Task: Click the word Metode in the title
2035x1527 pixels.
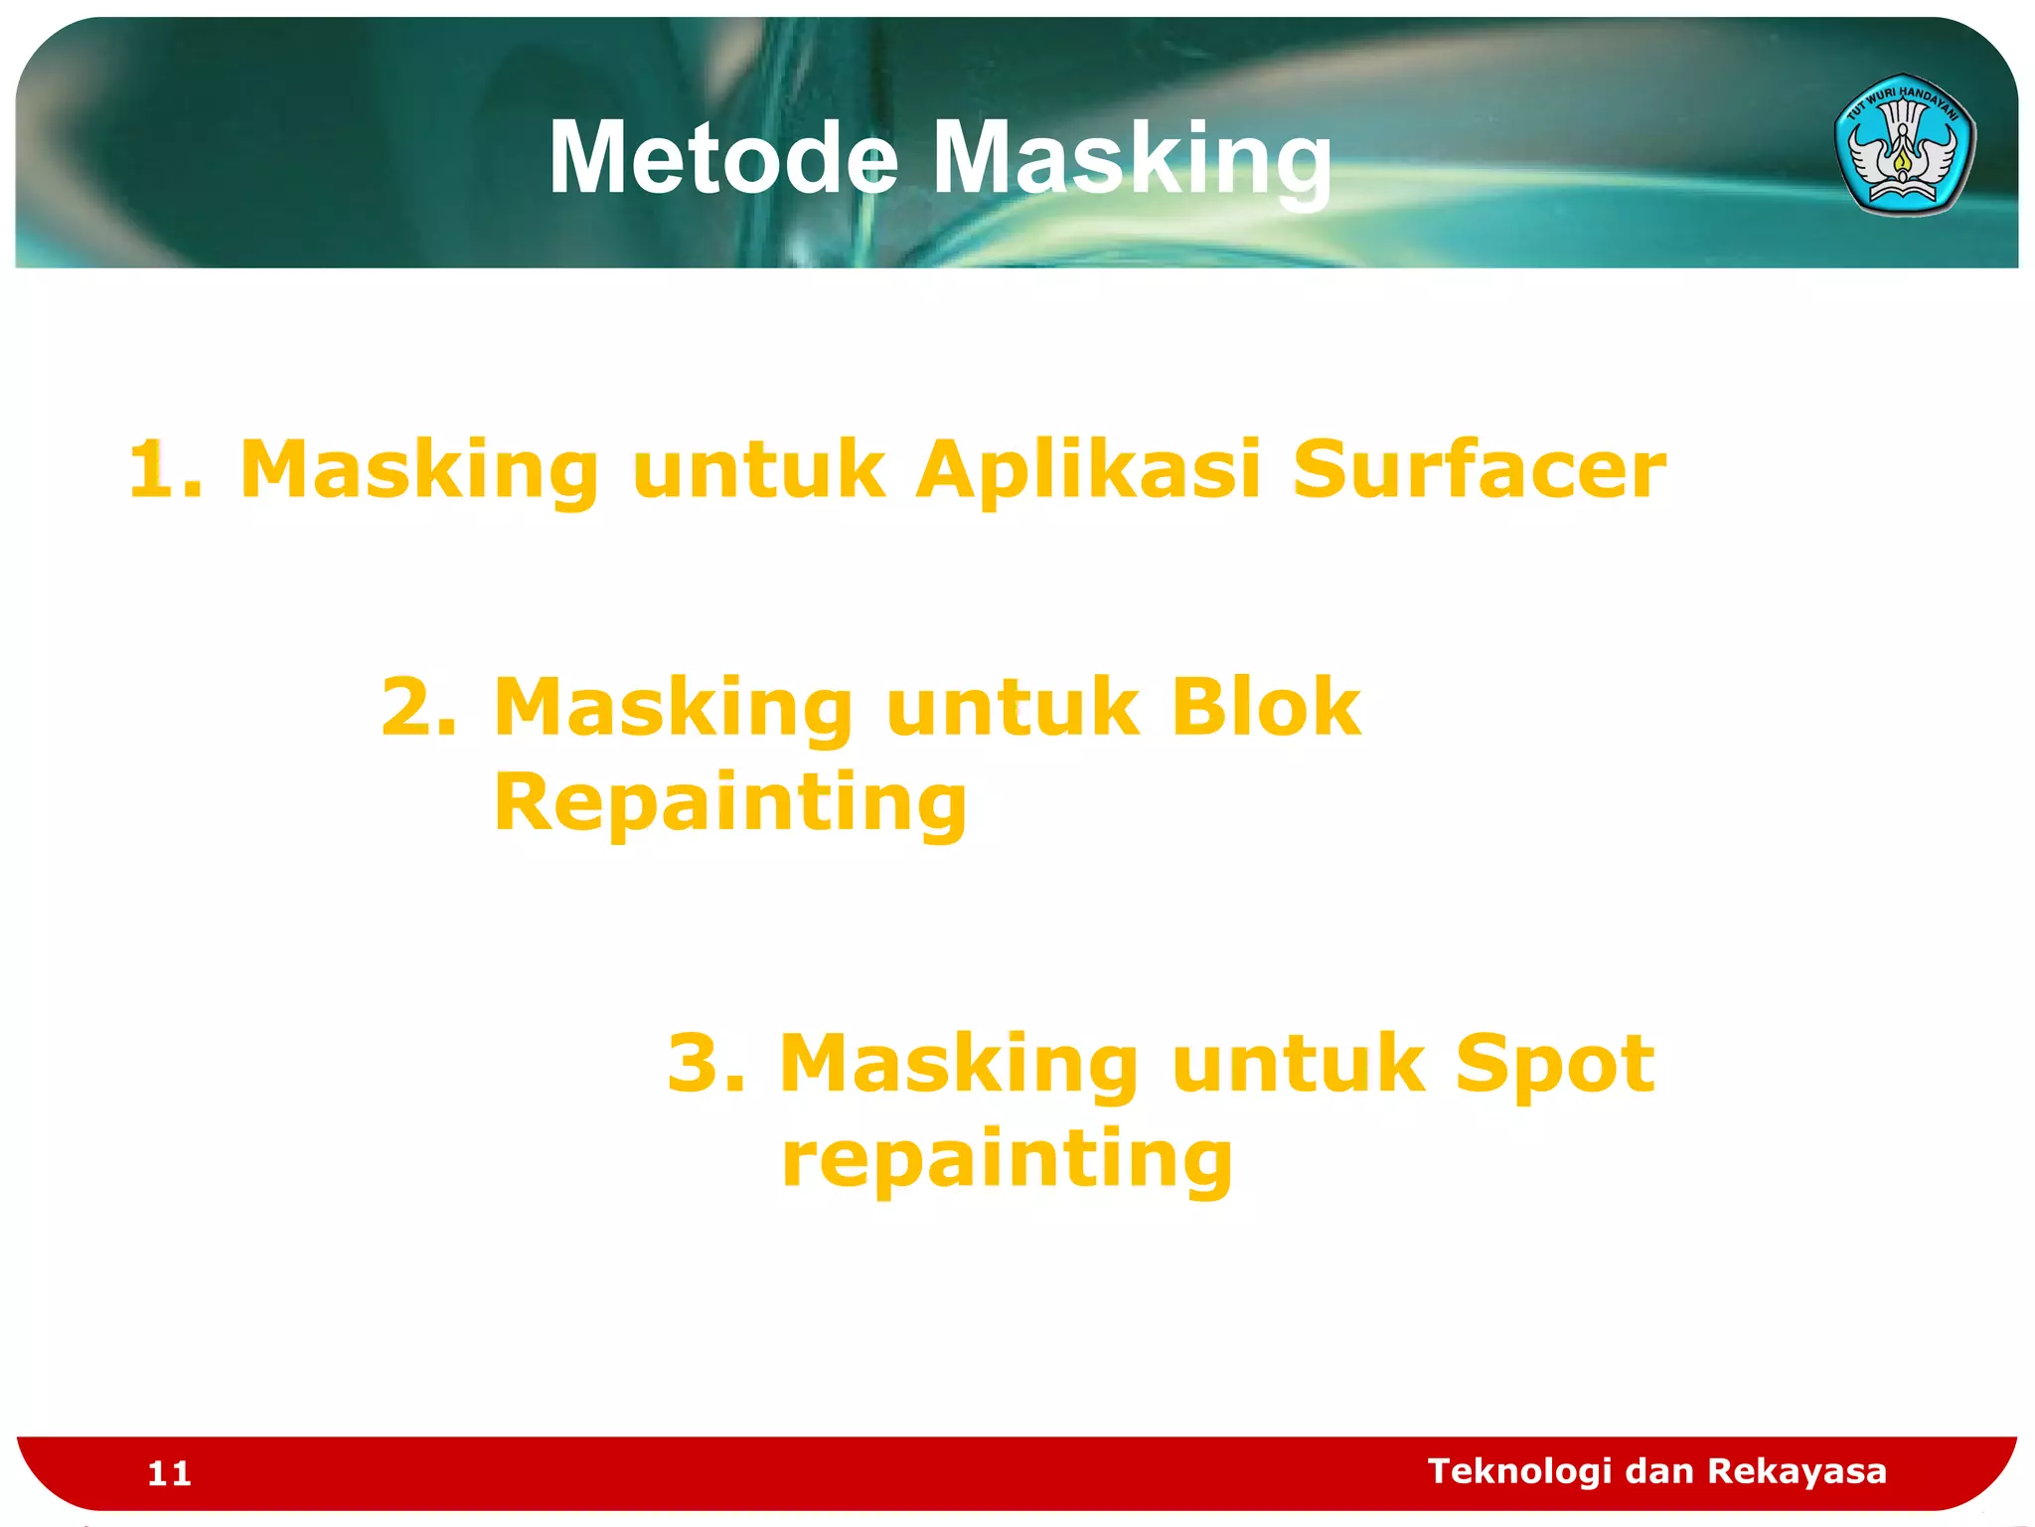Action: pos(723,157)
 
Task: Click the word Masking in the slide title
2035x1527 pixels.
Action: pos(1132,159)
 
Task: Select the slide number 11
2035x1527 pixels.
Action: pos(169,1473)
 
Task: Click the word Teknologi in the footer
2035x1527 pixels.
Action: pos(1518,1471)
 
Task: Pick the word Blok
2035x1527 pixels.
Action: pos(1265,708)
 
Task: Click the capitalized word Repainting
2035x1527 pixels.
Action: pos(730,803)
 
